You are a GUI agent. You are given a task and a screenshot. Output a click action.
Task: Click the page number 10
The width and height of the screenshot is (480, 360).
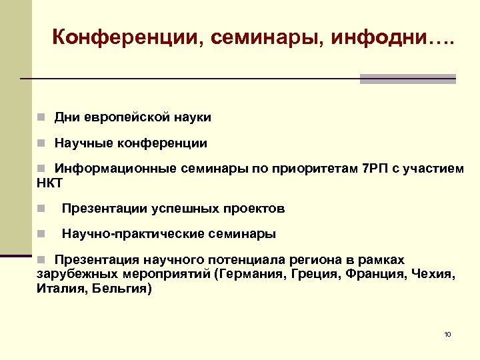447,333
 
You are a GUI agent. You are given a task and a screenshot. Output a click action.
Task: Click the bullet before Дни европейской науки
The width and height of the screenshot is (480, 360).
41,118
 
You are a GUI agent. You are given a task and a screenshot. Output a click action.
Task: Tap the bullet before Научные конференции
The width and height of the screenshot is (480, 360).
41,143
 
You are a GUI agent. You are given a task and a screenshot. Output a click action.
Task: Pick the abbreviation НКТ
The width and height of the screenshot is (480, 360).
50,182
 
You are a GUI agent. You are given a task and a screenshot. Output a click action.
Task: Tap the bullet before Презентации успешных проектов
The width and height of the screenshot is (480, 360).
41,209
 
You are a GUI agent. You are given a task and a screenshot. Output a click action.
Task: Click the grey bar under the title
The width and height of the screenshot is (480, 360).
407,79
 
